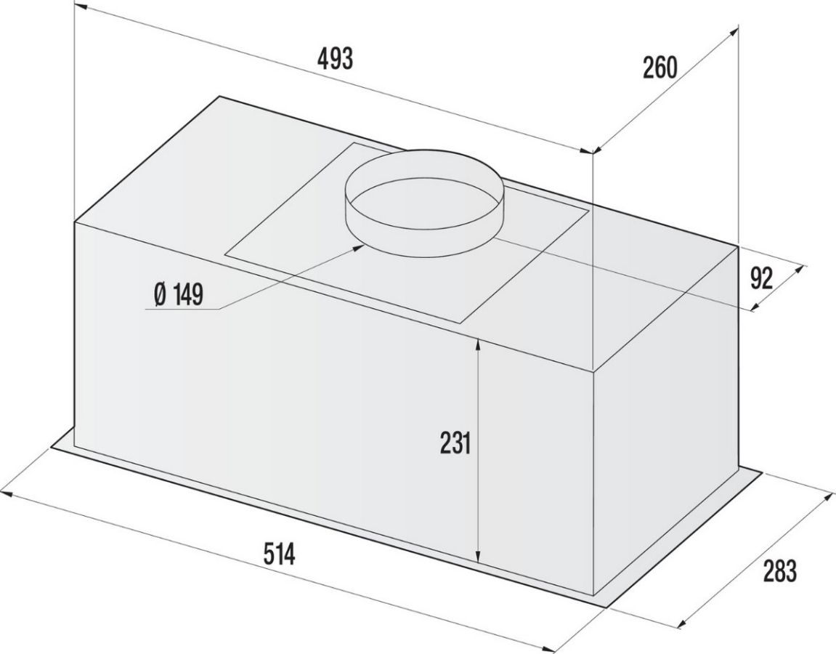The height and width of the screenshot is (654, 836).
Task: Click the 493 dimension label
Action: [335, 59]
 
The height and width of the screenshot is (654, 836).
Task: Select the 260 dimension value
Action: [660, 68]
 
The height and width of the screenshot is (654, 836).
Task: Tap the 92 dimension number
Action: [761, 278]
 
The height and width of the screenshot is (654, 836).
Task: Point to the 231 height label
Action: [455, 443]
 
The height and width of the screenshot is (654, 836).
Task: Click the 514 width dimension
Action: [280, 554]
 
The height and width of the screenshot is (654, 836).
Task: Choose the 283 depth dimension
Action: [779, 570]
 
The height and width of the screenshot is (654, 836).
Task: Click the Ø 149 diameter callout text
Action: [178, 294]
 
